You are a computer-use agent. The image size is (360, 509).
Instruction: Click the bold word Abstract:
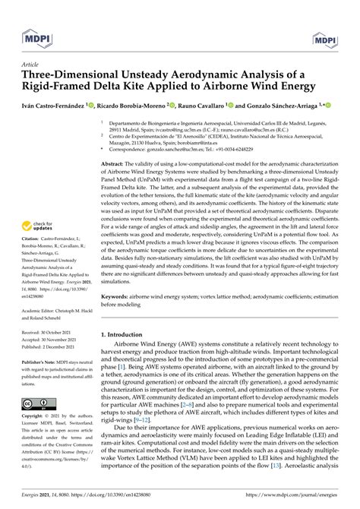click(115, 164)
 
